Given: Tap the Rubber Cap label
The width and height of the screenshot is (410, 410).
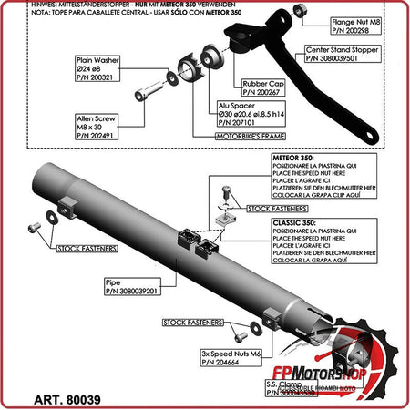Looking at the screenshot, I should coord(262,87).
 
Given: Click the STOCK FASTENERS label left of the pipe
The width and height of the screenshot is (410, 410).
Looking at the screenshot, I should coord(87,248).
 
